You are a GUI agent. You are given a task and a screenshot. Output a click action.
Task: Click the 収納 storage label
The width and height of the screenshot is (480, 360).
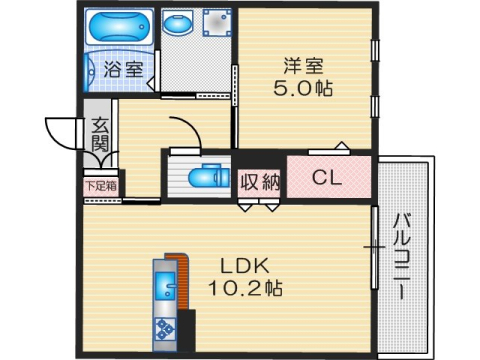click(260, 181)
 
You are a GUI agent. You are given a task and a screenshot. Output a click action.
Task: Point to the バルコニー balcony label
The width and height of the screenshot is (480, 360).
click(400, 256)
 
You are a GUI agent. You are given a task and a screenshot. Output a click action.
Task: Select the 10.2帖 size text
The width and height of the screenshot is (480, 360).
click(245, 289)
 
